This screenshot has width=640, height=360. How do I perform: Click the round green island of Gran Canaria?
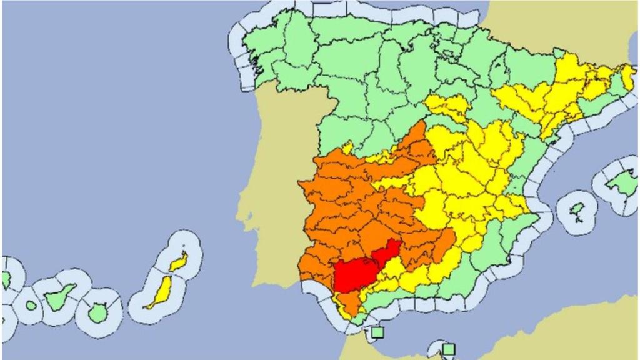point(97,311)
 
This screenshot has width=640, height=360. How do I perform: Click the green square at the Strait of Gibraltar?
point(376,331)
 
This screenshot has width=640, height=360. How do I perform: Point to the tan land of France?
point(550,25)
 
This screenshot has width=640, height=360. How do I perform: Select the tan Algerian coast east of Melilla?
point(562,331)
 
